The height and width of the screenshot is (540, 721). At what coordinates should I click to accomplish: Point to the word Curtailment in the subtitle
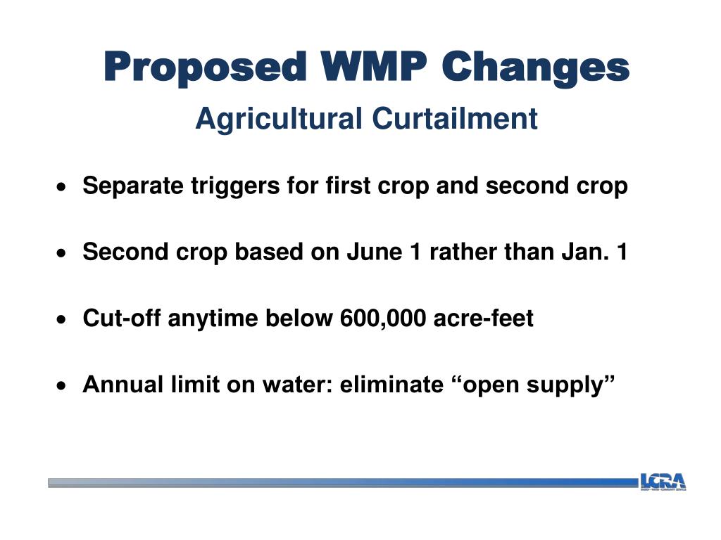pyautogui.click(x=455, y=118)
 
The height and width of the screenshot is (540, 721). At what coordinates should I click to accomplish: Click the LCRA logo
pyautogui.click(x=663, y=482)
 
